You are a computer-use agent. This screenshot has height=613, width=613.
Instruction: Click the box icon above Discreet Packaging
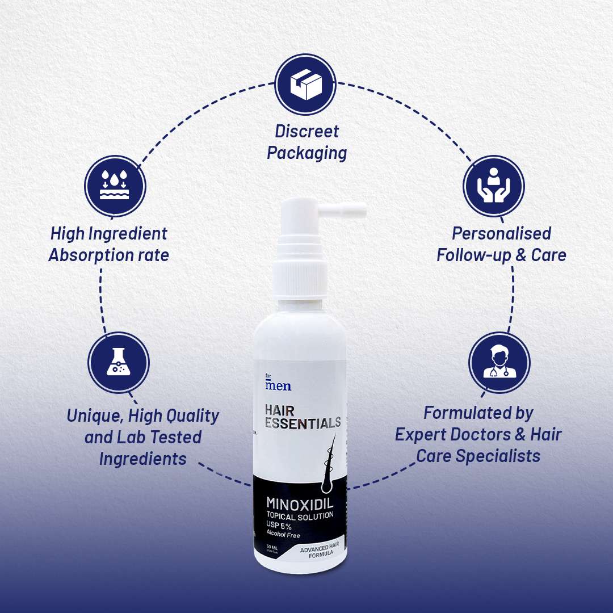tap(306, 83)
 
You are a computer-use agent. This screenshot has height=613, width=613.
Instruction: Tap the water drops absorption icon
tap(115, 186)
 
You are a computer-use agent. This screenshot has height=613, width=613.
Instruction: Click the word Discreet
tap(306, 131)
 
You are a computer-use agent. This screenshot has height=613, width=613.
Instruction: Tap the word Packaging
tap(306, 153)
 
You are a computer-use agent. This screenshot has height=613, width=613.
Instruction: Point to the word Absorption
tap(85, 255)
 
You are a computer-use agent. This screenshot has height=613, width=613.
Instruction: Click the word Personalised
tap(501, 233)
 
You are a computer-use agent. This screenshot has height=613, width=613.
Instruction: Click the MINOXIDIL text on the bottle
tap(300, 503)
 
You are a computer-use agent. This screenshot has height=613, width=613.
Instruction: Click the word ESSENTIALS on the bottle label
tap(303, 422)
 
